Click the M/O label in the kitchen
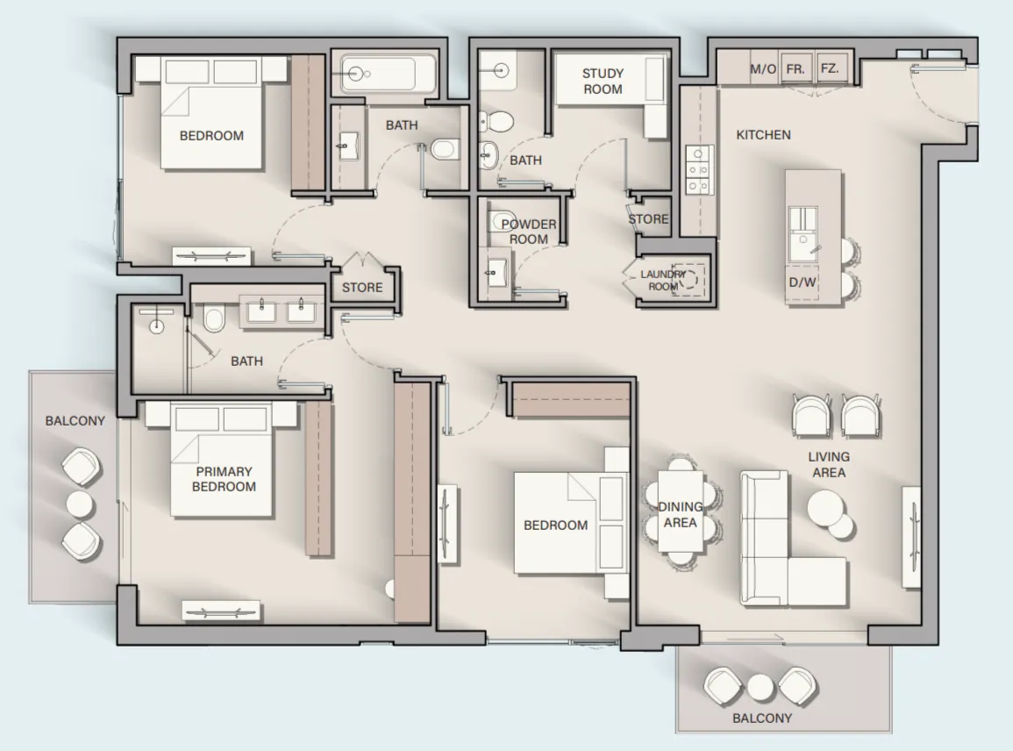[x=763, y=69]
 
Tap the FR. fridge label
[x=795, y=69]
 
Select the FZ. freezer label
[x=829, y=69]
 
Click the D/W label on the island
[x=802, y=283]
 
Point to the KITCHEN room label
[x=763, y=135]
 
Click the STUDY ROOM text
[x=603, y=82]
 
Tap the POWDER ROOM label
[x=529, y=232]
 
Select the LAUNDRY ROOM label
[x=662, y=281]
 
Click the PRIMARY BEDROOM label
[x=224, y=479]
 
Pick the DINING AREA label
[x=680, y=515]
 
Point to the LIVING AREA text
[x=829, y=464]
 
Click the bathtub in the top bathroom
[x=387, y=74]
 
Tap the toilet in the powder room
[x=503, y=218]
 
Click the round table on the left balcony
[x=80, y=504]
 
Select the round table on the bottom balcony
[x=760, y=685]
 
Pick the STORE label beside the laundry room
[x=648, y=219]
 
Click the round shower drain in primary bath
[x=157, y=326]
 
